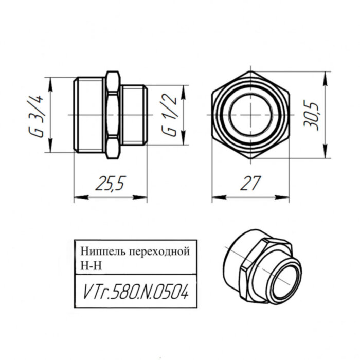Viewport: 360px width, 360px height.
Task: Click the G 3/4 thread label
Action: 39,116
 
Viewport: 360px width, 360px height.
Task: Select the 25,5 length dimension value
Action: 110,183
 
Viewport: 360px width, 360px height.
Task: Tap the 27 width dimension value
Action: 250,183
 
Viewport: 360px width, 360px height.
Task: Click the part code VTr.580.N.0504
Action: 136,294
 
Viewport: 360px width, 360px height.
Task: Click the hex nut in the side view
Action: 113,115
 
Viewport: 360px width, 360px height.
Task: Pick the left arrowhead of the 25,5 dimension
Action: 77,196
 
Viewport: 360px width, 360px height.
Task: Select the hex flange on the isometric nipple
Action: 257,273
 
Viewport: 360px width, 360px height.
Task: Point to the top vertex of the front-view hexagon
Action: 250,71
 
